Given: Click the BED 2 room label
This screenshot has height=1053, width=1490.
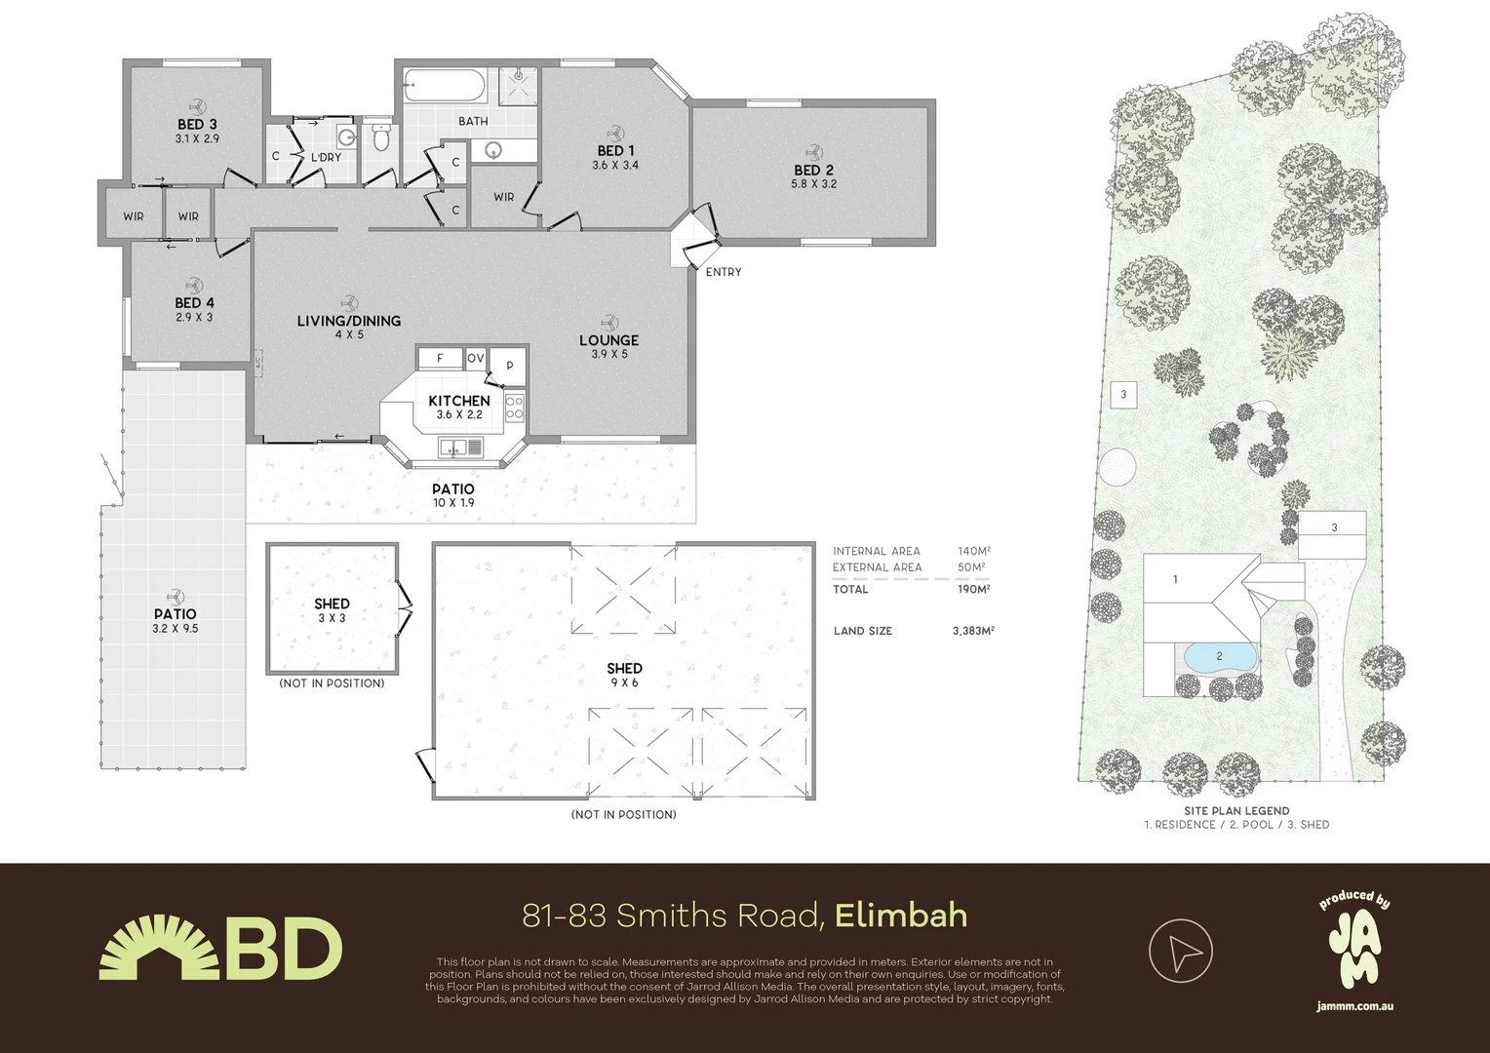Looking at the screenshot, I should (813, 171).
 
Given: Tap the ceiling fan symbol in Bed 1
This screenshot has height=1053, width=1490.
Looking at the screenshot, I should (615, 133).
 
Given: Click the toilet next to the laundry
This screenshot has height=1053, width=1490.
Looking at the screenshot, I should (381, 137).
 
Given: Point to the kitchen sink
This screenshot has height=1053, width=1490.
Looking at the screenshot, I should (460, 448).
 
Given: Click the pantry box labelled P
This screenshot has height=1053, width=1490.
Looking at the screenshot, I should (509, 366).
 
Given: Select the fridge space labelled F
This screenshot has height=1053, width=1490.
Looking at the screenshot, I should (440, 359).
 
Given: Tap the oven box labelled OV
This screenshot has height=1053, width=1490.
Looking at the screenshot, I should (475, 359).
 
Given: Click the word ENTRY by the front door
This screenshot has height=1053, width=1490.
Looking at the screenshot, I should (724, 272).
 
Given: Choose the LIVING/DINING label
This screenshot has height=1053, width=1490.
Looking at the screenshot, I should (348, 321).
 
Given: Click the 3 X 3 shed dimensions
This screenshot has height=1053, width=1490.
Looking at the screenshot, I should (332, 618).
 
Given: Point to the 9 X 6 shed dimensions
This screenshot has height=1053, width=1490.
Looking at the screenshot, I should (624, 682).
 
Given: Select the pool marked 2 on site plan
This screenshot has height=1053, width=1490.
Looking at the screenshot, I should (1218, 657).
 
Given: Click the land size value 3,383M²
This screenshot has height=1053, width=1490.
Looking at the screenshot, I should (972, 631).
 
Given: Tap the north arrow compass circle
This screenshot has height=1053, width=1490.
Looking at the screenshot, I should (1180, 951).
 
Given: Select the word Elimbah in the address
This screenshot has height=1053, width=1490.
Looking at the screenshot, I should (901, 916).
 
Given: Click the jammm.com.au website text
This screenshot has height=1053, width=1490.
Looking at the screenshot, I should (1353, 1005).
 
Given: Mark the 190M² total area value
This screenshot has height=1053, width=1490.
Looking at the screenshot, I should (973, 589).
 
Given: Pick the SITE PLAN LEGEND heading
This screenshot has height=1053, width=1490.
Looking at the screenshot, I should (1235, 810).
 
